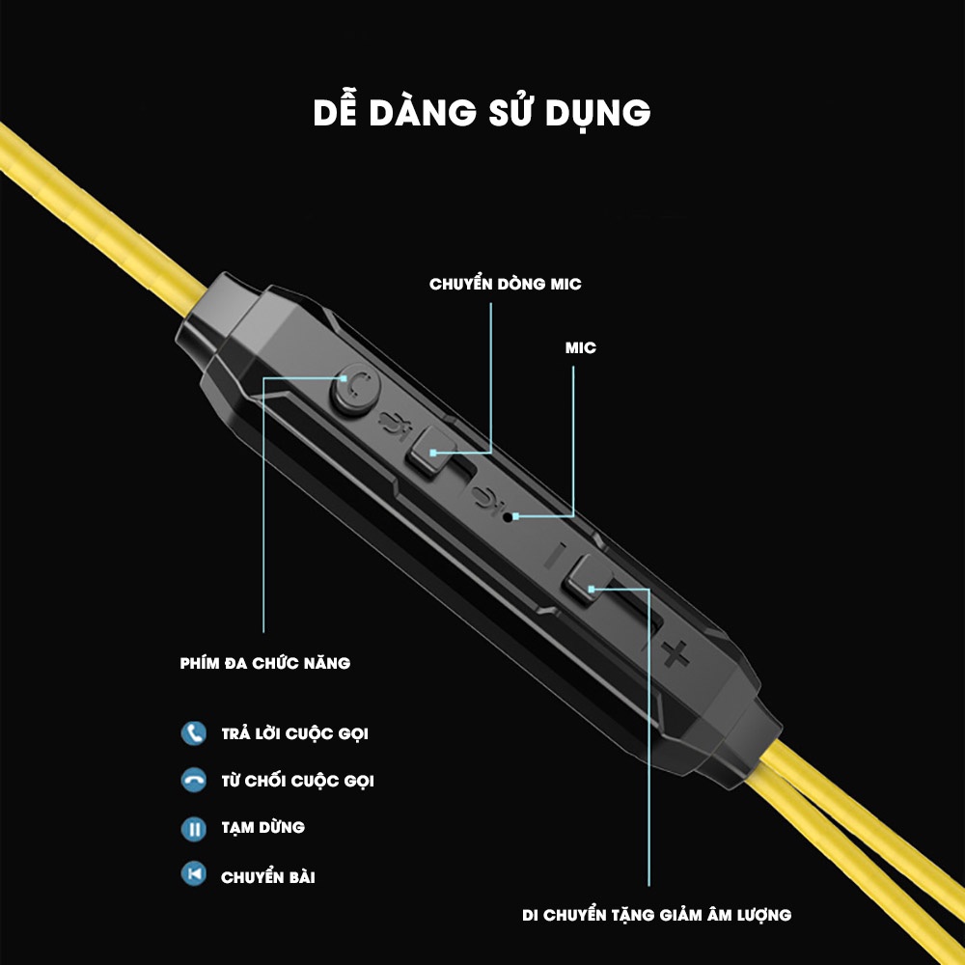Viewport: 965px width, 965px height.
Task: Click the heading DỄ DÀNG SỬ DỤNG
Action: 482,112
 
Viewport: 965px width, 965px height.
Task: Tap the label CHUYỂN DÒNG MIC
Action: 506,285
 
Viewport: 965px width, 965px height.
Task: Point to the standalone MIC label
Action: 581,347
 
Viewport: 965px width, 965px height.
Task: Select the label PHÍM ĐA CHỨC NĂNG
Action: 265,663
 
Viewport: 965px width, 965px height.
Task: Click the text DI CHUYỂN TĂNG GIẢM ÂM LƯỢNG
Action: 656,914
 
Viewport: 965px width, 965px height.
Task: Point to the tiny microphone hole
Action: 509,516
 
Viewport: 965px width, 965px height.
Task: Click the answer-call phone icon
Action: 194,732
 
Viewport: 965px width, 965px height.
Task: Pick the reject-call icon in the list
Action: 194,780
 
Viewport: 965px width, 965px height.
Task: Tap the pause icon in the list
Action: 194,827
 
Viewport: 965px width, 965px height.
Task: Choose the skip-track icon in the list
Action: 194,874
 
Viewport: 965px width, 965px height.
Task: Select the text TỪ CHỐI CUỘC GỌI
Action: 297,781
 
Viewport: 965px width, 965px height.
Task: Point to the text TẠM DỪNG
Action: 262,827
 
